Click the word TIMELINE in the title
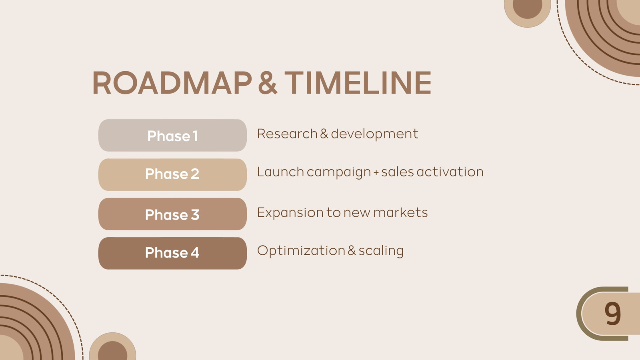(x=358, y=82)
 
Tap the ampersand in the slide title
(x=268, y=83)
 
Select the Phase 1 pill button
(x=172, y=136)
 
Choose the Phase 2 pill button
(x=172, y=174)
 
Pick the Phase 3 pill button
(x=172, y=214)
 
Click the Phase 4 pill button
(x=172, y=253)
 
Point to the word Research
(x=287, y=134)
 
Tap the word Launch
(x=280, y=172)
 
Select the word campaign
(x=338, y=173)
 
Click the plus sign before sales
(x=376, y=172)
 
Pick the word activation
(x=450, y=172)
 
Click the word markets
(x=400, y=212)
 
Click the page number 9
(x=613, y=314)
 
